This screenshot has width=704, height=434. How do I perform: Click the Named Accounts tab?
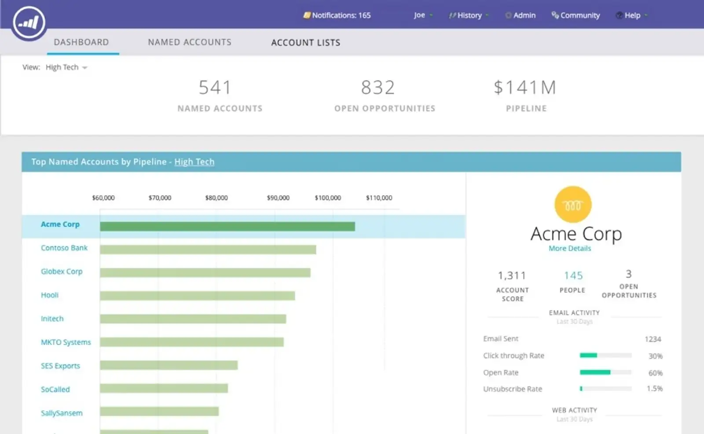189,42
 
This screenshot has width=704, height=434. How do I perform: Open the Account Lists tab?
305,43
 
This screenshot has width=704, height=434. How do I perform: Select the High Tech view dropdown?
66,67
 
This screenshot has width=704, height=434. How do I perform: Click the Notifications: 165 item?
337,15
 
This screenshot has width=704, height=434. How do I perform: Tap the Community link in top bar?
576,15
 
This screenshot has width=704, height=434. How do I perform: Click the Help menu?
632,15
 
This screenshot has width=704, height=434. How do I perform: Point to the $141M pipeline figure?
525,88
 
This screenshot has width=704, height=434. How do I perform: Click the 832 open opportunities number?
378,88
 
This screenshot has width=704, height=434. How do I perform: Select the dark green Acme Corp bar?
227,227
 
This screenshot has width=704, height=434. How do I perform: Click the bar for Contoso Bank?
208,250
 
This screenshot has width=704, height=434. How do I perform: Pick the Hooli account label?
50,295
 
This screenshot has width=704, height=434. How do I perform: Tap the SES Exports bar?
169,365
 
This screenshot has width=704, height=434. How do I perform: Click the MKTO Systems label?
66,342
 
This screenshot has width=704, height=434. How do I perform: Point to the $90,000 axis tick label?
278,198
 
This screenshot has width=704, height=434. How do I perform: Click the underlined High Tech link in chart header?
194,162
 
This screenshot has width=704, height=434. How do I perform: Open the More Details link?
569,248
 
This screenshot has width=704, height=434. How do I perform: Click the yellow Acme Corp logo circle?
572,205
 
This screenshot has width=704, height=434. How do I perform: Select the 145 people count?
573,276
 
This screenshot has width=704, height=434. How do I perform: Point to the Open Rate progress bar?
605,372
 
